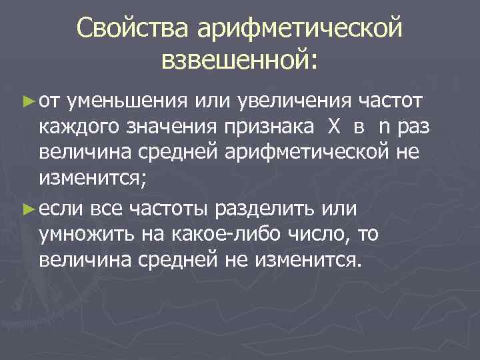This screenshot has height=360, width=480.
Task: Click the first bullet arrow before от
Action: point(27,102)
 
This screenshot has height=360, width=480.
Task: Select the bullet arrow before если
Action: point(27,209)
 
